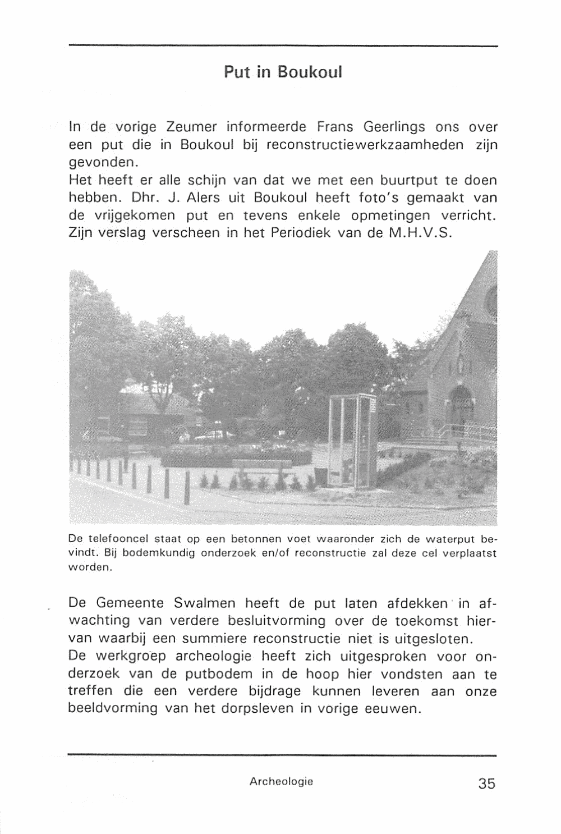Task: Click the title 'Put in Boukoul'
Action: pos(283,72)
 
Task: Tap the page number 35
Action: pos(487,783)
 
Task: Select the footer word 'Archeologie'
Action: pos(282,781)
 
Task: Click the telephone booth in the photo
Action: pos(353,441)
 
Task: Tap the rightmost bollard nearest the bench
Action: pos(186,489)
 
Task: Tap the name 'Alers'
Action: pos(206,199)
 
